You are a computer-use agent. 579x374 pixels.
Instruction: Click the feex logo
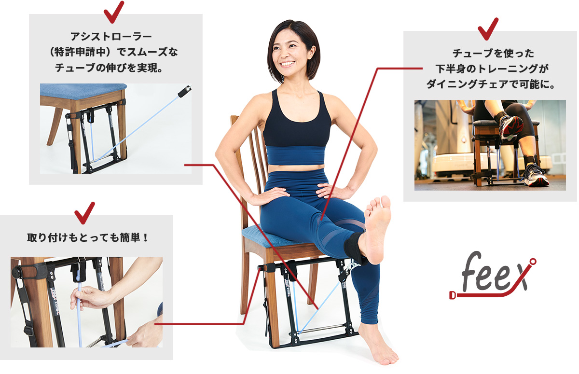tap(492, 278)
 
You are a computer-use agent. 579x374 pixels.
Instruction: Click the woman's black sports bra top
tap(297, 121)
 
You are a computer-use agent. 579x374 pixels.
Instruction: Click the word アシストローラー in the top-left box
tap(111, 37)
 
